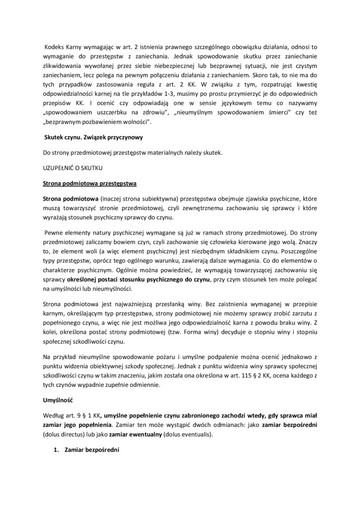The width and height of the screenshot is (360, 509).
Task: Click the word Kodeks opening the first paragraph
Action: [55, 47]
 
